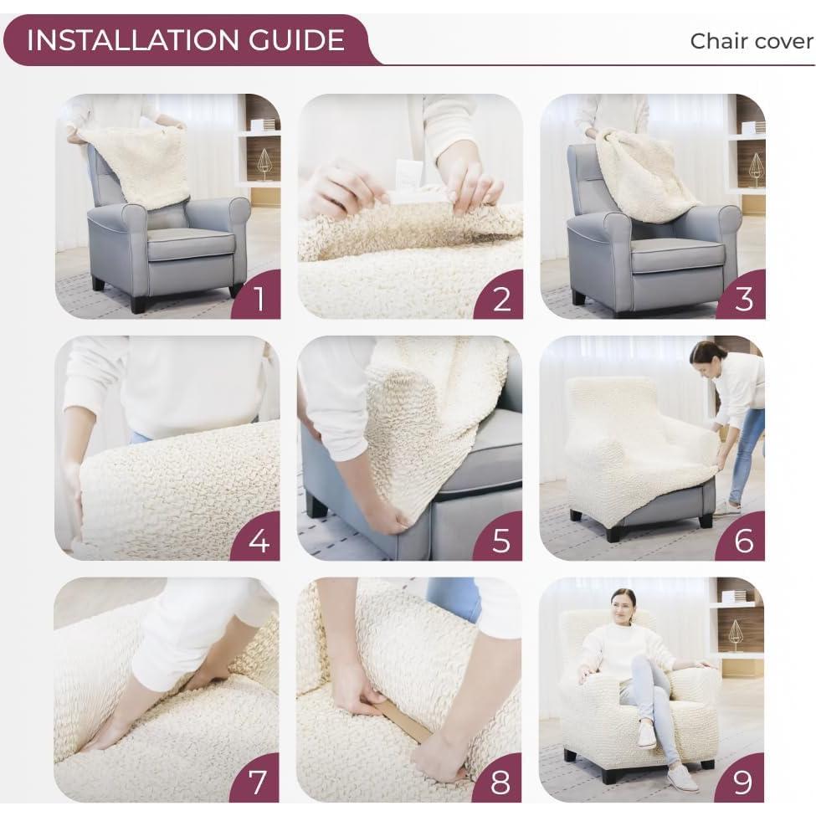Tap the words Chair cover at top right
point(751,41)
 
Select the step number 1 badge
point(259,298)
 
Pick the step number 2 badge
point(501,298)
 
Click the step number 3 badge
point(743,298)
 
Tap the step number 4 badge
point(259,541)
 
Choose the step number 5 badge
point(501,541)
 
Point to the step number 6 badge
point(743,541)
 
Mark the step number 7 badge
point(259,783)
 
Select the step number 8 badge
point(501,783)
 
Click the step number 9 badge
point(743,783)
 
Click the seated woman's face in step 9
point(622,603)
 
